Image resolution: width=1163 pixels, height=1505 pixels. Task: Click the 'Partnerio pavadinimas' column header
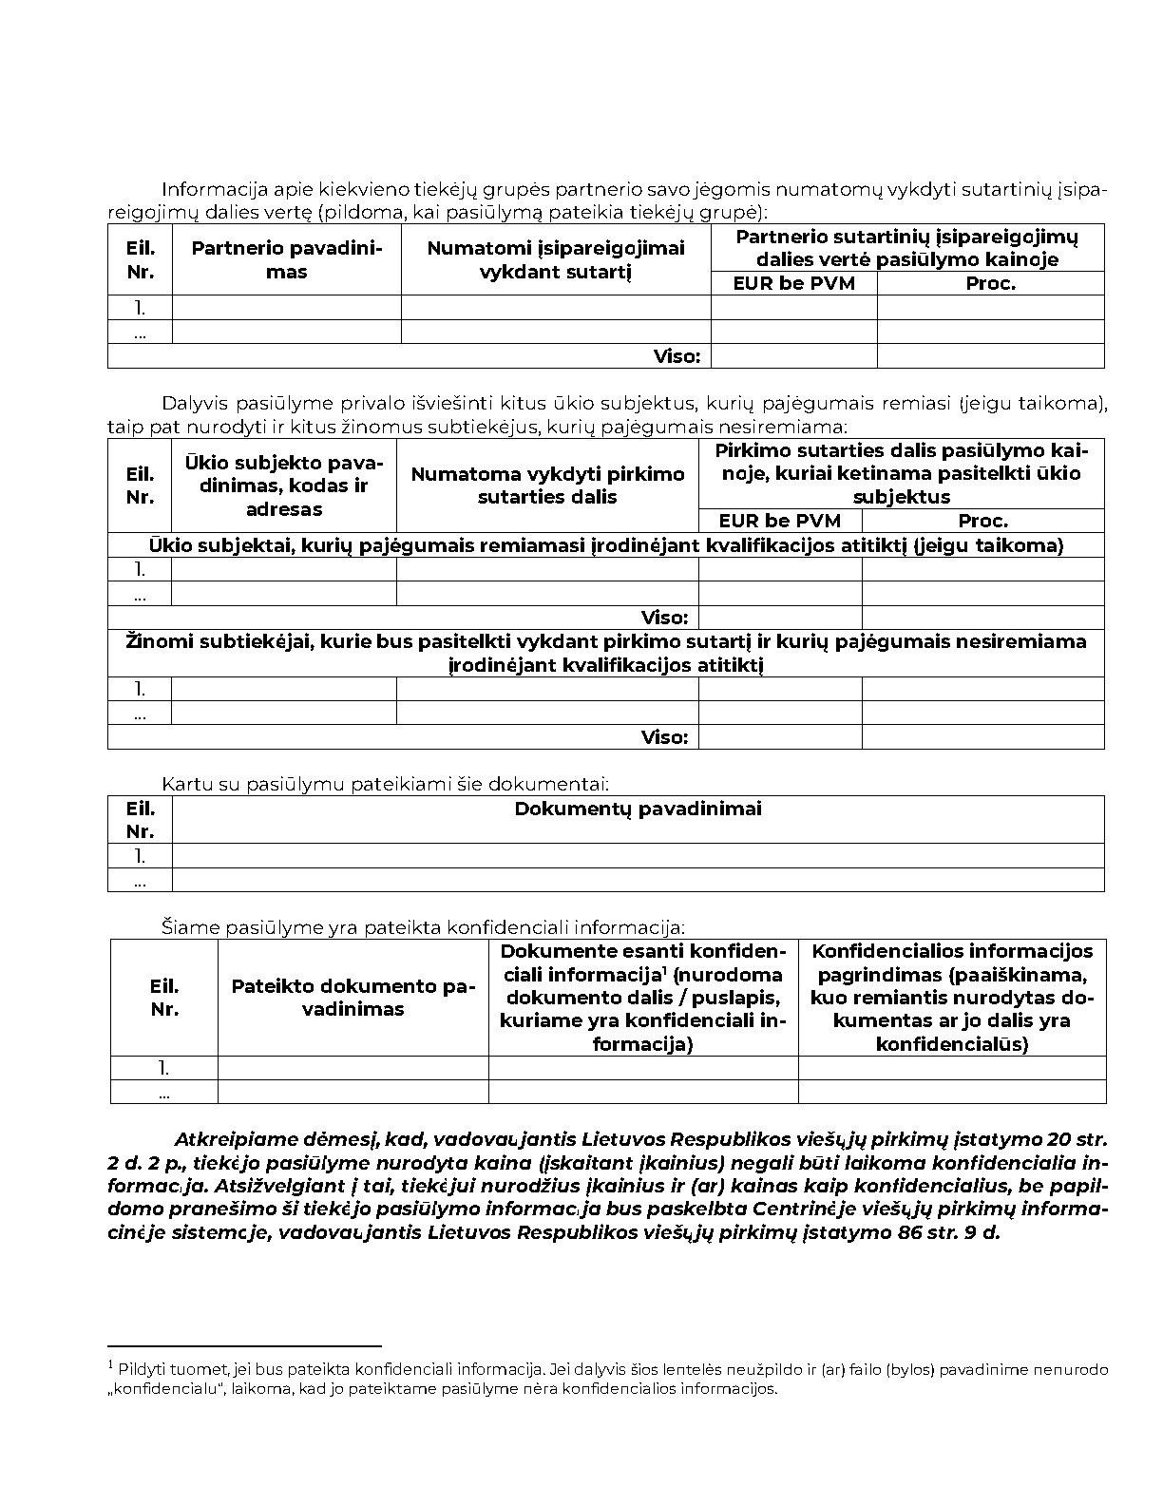click(286, 259)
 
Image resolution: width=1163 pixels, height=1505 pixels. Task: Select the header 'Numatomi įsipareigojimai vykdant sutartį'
click(555, 259)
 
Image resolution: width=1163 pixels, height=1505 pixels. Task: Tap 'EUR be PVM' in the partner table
click(793, 283)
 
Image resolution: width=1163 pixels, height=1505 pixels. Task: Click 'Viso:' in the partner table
click(677, 356)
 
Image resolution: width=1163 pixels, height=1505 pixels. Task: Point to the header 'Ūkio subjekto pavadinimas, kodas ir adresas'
click(283, 486)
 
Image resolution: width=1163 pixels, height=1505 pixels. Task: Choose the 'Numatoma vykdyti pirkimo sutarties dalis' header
click(547, 486)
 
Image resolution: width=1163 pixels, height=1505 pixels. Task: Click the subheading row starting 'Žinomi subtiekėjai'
click(605, 653)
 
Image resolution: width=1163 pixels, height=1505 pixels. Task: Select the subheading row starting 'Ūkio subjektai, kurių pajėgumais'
click(605, 545)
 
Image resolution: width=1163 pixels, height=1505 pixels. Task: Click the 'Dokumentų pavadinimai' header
click(638, 810)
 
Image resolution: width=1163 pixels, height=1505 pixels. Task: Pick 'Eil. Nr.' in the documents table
click(140, 819)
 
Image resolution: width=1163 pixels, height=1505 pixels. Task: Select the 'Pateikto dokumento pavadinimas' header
click(353, 998)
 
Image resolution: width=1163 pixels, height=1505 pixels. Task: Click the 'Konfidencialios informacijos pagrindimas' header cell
click(952, 998)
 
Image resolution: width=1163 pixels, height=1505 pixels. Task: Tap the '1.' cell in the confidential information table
click(164, 1068)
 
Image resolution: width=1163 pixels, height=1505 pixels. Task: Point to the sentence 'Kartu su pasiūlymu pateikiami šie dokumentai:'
click(385, 785)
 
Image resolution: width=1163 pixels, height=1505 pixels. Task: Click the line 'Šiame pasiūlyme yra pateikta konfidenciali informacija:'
click(422, 927)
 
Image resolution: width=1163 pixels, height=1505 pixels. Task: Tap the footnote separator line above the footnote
click(244, 1346)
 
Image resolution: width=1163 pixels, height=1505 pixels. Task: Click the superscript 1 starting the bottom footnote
click(111, 1365)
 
